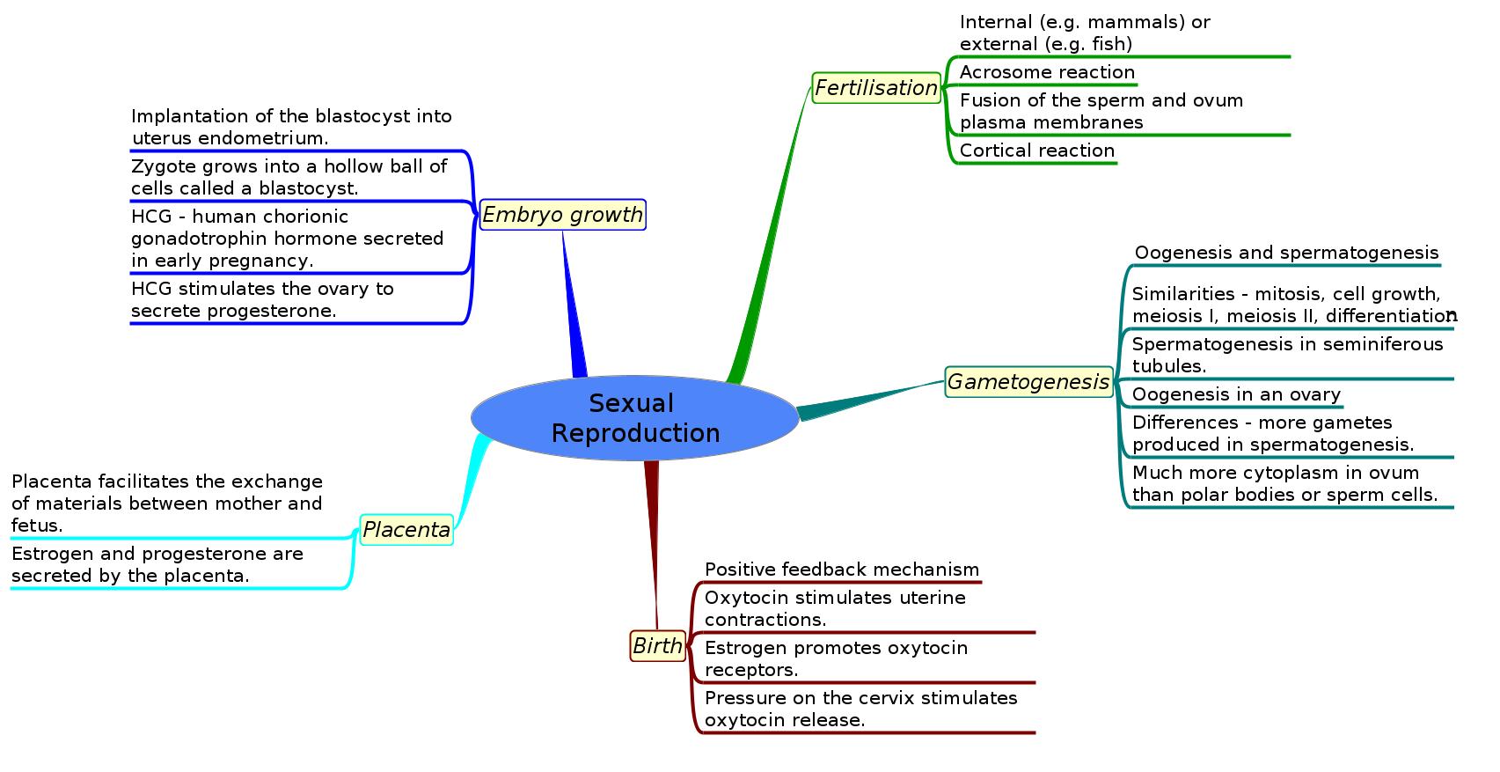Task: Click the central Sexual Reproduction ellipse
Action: (x=635, y=418)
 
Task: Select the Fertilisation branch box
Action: (x=876, y=88)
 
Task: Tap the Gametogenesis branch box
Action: (x=1028, y=382)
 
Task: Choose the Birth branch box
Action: (x=657, y=646)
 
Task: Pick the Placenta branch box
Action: (x=406, y=530)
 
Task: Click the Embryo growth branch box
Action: (x=562, y=215)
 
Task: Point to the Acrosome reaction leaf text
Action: (x=1047, y=72)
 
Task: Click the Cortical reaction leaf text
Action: (x=1036, y=151)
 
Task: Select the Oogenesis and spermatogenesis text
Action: (x=1286, y=254)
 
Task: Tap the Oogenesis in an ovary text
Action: (x=1236, y=394)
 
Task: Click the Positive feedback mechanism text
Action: (x=841, y=570)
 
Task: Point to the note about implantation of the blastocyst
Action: (x=291, y=128)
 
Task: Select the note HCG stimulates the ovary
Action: (x=262, y=300)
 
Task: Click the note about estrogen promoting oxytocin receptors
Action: (x=836, y=659)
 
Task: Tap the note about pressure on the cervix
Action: (x=860, y=710)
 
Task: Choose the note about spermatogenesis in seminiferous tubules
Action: (x=1287, y=355)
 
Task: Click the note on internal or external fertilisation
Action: (x=1085, y=33)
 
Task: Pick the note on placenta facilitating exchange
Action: (x=167, y=504)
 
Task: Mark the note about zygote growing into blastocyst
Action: (x=289, y=178)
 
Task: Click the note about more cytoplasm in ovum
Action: (x=1284, y=484)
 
